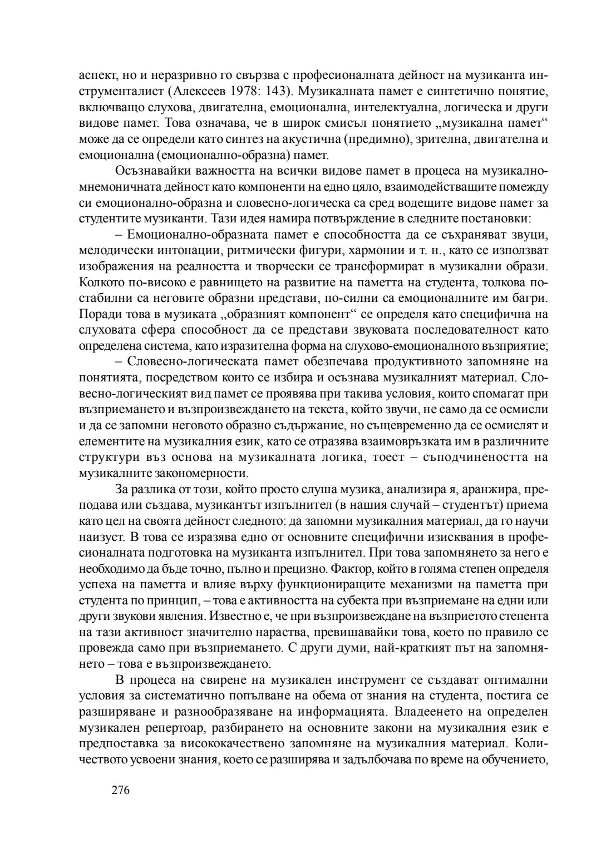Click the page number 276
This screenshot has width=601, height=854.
(x=120, y=790)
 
